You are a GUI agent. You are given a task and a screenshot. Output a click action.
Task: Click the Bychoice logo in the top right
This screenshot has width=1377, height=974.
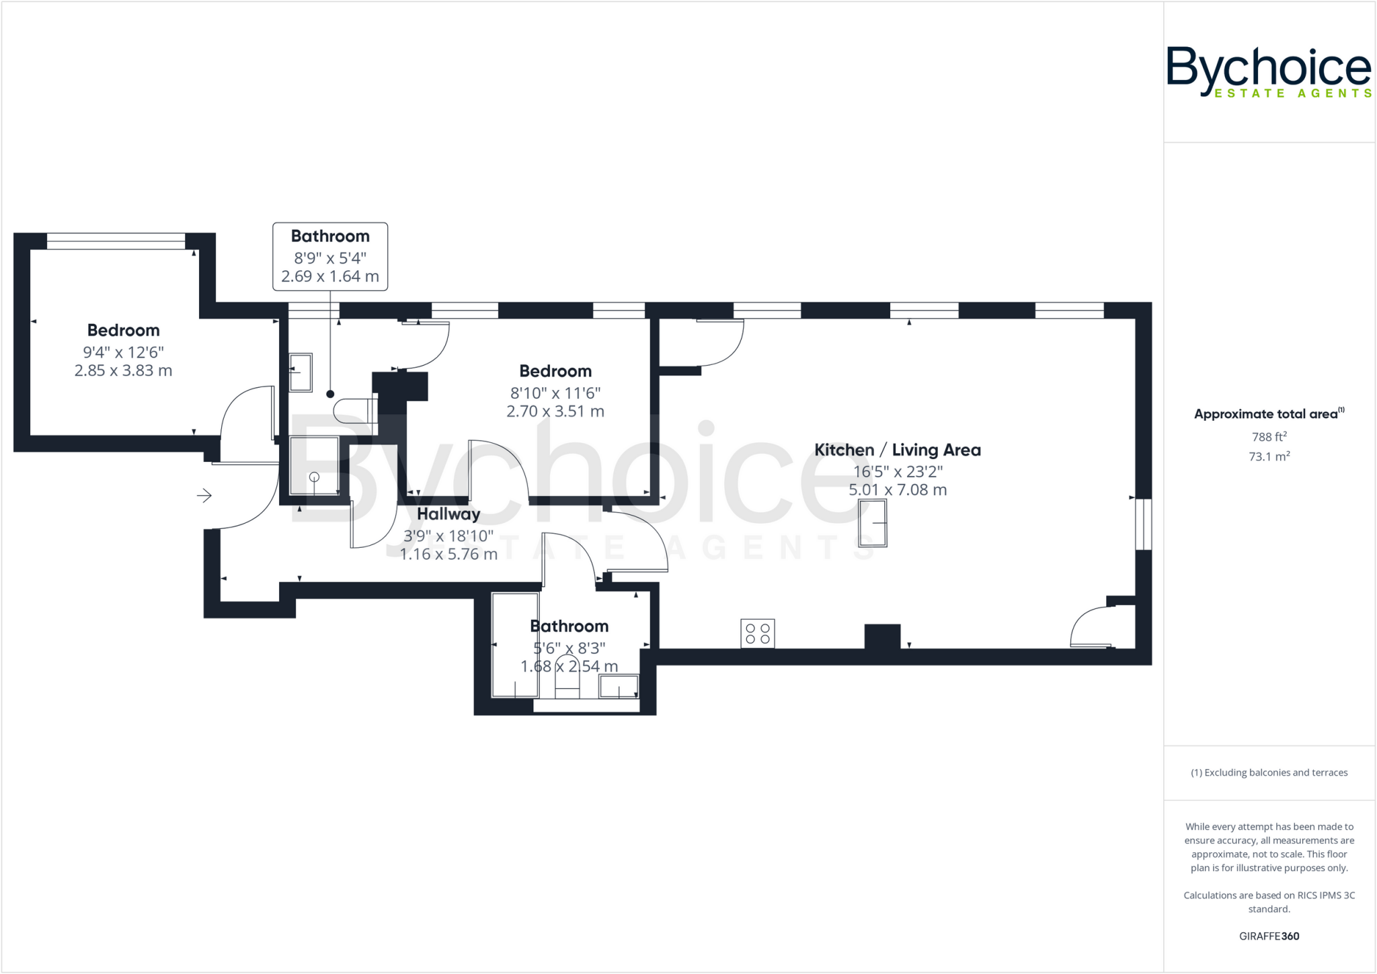(1268, 71)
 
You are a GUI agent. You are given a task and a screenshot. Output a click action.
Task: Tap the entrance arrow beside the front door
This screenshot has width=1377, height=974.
(204, 495)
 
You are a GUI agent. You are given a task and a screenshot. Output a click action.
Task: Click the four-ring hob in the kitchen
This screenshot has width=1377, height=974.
(758, 633)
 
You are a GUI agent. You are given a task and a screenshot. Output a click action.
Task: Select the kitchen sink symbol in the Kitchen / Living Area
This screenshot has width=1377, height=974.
(873, 523)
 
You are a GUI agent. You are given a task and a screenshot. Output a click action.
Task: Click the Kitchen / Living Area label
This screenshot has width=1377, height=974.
(897, 450)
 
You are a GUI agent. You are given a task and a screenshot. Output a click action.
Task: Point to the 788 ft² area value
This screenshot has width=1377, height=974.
(1269, 437)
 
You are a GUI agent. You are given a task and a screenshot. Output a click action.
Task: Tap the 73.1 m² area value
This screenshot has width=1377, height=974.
(1269, 456)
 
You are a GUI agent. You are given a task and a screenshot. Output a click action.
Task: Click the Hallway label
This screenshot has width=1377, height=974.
(448, 514)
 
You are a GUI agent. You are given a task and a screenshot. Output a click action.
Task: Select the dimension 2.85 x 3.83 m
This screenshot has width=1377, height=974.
(123, 370)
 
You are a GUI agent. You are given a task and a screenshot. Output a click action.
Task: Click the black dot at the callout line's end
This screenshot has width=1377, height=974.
(330, 395)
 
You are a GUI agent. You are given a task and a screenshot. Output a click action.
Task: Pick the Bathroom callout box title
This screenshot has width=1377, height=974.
(330, 237)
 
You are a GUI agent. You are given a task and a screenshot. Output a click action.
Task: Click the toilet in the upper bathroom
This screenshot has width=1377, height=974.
(355, 410)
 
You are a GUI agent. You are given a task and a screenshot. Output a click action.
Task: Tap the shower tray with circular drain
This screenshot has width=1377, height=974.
(314, 466)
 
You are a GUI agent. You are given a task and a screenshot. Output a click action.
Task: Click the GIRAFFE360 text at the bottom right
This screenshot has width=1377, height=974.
(1269, 936)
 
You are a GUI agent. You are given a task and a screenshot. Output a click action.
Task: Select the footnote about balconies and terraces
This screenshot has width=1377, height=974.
(1269, 772)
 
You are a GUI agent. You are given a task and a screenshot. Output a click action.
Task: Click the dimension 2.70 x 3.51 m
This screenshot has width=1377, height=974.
(555, 411)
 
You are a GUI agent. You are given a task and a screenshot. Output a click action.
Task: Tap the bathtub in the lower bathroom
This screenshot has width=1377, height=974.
(515, 645)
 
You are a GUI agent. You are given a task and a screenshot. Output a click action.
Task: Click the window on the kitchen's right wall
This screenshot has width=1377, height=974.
(1143, 524)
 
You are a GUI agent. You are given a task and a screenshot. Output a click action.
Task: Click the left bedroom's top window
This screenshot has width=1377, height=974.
(116, 241)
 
